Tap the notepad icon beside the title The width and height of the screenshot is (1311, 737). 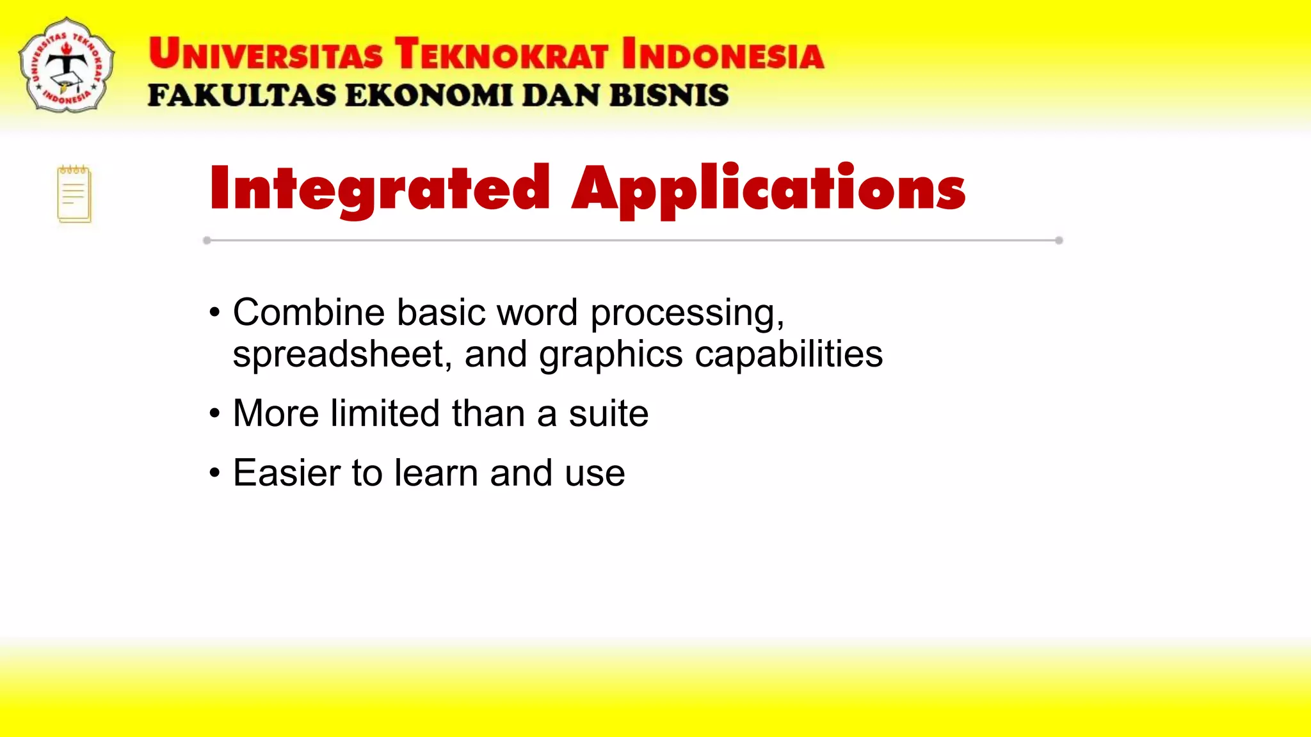pos(74,194)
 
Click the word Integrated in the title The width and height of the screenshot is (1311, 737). pos(380,188)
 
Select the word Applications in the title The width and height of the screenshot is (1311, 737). pos(768,188)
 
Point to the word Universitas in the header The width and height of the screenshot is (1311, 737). pos(266,54)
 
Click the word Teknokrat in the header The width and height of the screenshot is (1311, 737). pos(501,54)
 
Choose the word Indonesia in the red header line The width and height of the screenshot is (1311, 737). pos(723,54)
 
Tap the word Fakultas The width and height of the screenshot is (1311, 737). pos(242,96)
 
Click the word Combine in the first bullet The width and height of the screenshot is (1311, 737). pos(309,313)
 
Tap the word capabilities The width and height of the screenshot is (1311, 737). pos(789,354)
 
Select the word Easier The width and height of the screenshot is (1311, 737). pos(286,473)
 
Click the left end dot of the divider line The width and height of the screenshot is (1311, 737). pos(207,241)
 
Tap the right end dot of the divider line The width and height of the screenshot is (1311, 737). pos(1059,241)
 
